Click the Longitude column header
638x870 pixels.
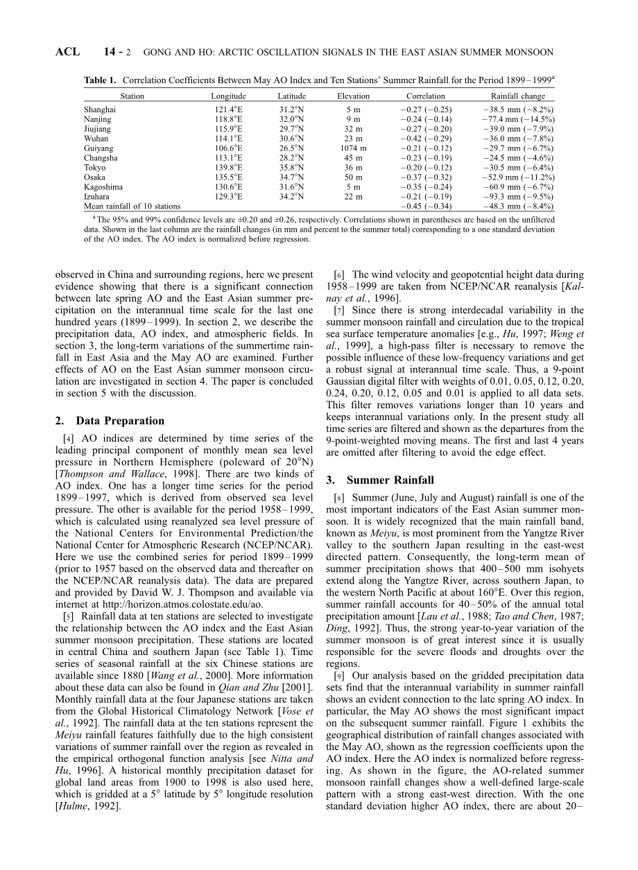click(x=228, y=96)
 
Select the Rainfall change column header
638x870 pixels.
click(x=517, y=96)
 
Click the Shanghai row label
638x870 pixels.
click(x=100, y=110)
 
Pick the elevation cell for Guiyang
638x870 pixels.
click(x=353, y=148)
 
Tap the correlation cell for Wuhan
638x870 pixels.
click(x=426, y=139)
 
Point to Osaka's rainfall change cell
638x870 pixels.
click(x=518, y=177)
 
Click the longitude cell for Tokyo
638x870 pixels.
click(x=228, y=168)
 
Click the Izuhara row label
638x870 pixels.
click(x=96, y=197)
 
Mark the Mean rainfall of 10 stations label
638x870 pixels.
click(x=132, y=207)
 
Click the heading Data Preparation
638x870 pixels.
click(x=120, y=421)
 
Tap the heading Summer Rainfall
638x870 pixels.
click(x=390, y=480)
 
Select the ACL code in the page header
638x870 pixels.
click(x=67, y=52)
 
